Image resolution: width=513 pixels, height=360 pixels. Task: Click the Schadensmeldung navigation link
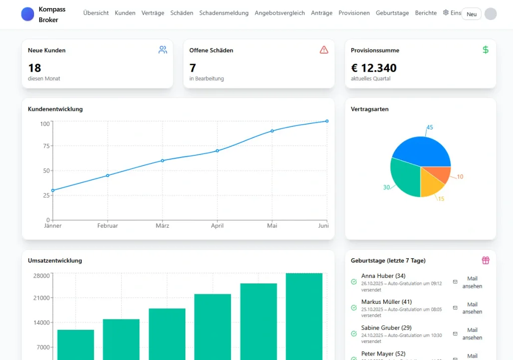(224, 13)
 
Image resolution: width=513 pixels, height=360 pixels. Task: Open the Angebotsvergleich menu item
(280, 13)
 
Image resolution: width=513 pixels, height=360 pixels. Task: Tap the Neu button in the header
(471, 14)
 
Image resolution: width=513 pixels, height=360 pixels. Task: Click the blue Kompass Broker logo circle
(28, 14)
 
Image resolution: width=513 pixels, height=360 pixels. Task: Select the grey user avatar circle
(490, 14)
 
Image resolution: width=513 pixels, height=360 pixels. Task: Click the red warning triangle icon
(324, 50)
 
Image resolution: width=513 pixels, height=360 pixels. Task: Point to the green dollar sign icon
(485, 50)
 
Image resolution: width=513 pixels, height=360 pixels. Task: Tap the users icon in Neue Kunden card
(163, 50)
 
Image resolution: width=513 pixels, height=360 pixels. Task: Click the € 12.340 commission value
(374, 68)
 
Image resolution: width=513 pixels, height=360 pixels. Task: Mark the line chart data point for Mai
(272, 131)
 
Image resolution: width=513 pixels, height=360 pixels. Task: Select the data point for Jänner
(53, 191)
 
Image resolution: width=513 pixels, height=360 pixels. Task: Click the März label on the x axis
(162, 226)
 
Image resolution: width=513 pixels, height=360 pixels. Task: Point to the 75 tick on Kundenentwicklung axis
(46, 146)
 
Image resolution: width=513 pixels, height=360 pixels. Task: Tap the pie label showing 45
(429, 127)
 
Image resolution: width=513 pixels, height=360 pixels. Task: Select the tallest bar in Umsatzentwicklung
(304, 316)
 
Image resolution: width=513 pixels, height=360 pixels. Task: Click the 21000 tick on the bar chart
(42, 298)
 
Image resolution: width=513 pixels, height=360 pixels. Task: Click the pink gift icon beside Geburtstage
(485, 260)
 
